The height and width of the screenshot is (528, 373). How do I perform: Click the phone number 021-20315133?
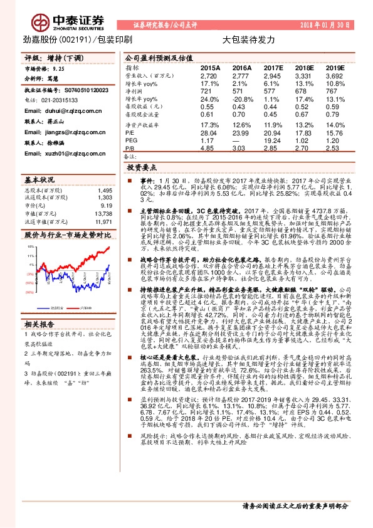click(56, 100)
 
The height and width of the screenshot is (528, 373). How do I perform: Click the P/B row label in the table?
click(130, 148)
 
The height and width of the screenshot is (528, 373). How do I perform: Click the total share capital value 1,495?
click(105, 190)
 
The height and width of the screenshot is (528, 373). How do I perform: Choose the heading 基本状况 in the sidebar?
click(40, 179)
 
